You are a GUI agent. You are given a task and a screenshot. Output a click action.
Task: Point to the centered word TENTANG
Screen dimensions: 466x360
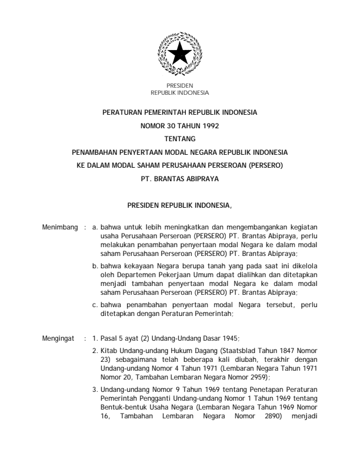pyautogui.click(x=179, y=138)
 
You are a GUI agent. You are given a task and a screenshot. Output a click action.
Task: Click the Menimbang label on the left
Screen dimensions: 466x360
pyautogui.click(x=60, y=226)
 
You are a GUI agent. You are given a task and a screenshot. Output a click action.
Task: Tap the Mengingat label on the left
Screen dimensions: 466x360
pyautogui.click(x=59, y=338)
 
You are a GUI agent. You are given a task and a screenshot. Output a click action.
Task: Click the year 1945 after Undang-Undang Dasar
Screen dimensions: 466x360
pyautogui.click(x=212, y=338)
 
